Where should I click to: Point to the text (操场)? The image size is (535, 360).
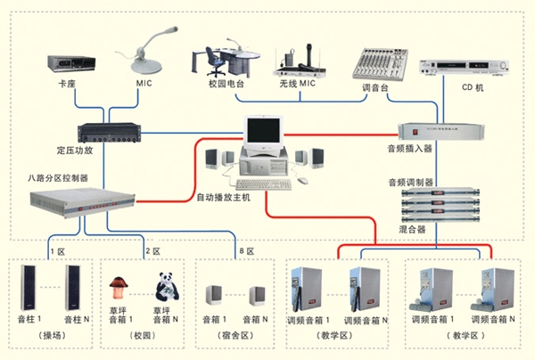coord(53,334)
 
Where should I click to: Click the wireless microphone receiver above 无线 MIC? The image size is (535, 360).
coord(300,63)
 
